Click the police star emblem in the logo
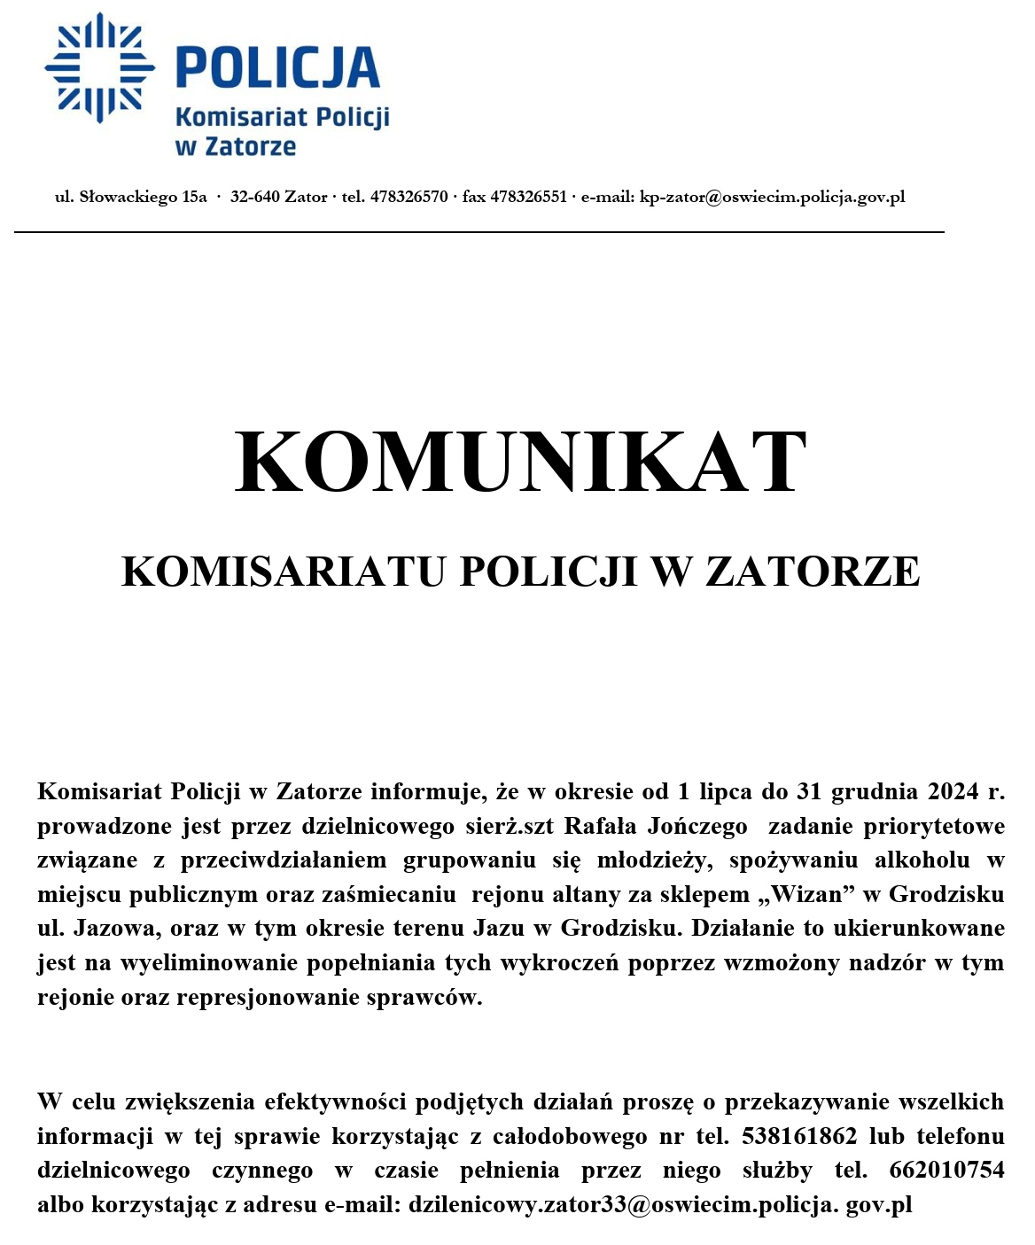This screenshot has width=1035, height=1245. click(99, 67)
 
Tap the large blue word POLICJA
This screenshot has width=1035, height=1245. click(277, 68)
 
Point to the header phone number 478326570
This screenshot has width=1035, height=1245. click(409, 197)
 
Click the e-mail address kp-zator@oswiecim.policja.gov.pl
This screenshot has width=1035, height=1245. click(772, 197)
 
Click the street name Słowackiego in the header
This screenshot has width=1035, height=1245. click(128, 197)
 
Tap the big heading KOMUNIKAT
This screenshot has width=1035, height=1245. click(520, 463)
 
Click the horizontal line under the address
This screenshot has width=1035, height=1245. click(479, 232)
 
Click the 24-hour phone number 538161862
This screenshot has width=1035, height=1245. click(799, 1136)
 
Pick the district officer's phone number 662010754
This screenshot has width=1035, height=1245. click(946, 1170)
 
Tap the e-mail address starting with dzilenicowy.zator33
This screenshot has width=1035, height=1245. click(660, 1205)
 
